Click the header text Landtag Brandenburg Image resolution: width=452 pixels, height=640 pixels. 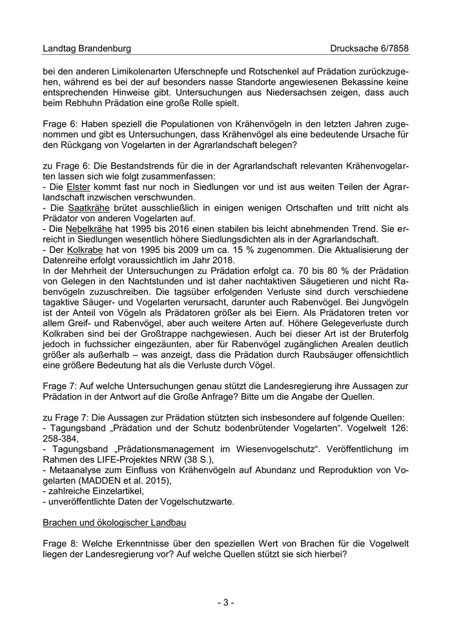(87, 48)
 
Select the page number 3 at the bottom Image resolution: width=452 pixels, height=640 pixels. (225, 603)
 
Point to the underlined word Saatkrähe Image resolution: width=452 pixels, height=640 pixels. (87, 208)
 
